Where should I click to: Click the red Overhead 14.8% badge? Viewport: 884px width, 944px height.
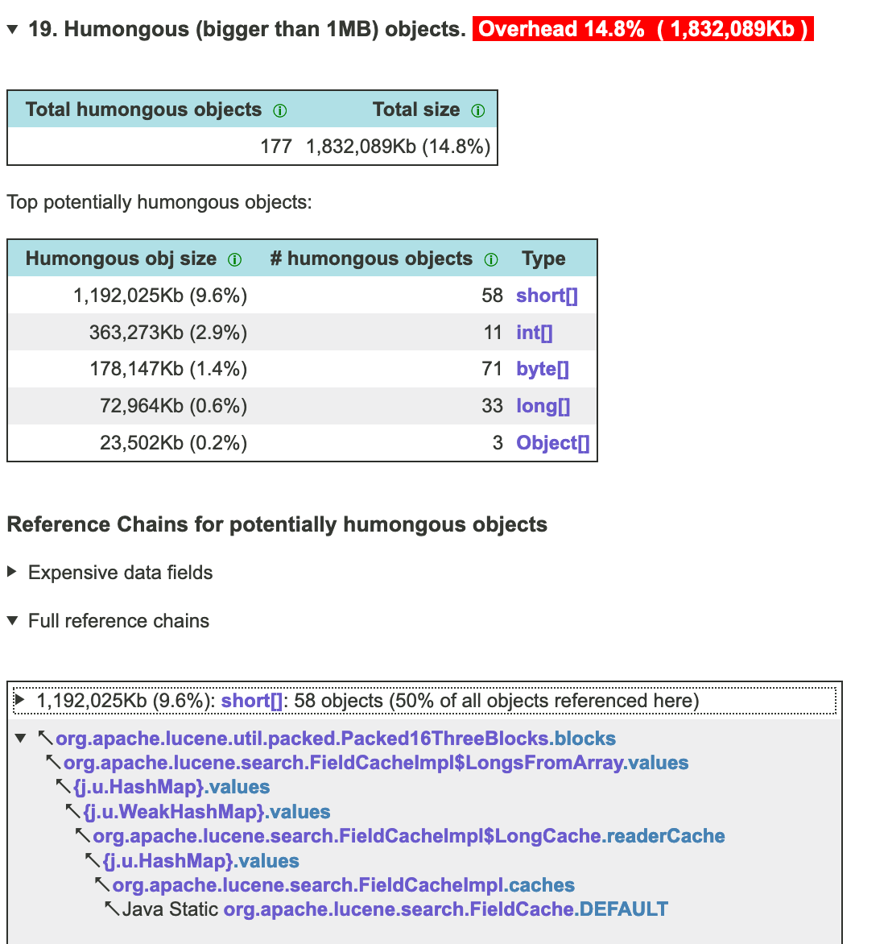pyautogui.click(x=642, y=30)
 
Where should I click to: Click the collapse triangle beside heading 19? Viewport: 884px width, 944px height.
pyautogui.click(x=12, y=30)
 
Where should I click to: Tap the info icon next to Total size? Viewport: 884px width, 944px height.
pyautogui.click(x=478, y=111)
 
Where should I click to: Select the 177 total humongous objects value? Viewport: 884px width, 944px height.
pyautogui.click(x=276, y=147)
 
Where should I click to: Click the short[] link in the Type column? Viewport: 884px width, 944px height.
pyautogui.click(x=547, y=296)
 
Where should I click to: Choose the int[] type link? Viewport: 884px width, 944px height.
pyautogui.click(x=534, y=333)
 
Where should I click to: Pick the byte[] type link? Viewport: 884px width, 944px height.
pyautogui.click(x=542, y=369)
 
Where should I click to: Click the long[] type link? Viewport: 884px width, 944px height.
pyautogui.click(x=543, y=406)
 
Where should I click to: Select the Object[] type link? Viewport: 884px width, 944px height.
pyautogui.click(x=552, y=443)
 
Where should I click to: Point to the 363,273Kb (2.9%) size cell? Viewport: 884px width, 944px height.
pyautogui.click(x=167, y=333)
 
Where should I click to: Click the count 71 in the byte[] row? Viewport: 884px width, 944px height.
pyautogui.click(x=492, y=369)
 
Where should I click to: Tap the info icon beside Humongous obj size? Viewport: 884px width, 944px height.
pyautogui.click(x=234, y=259)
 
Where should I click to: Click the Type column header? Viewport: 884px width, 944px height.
pyautogui.click(x=543, y=259)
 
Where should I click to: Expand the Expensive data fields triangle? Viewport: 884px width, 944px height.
pyautogui.click(x=12, y=572)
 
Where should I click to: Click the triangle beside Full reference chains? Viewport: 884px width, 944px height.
pyautogui.click(x=12, y=621)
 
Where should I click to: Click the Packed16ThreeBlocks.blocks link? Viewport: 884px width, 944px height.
pyautogui.click(x=335, y=739)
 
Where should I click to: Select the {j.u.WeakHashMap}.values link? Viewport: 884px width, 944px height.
pyautogui.click(x=207, y=812)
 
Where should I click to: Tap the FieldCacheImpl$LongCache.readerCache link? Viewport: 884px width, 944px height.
pyautogui.click(x=408, y=836)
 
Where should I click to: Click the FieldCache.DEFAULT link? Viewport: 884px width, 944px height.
pyautogui.click(x=445, y=909)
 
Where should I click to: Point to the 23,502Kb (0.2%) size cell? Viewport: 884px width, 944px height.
pyautogui.click(x=173, y=443)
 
